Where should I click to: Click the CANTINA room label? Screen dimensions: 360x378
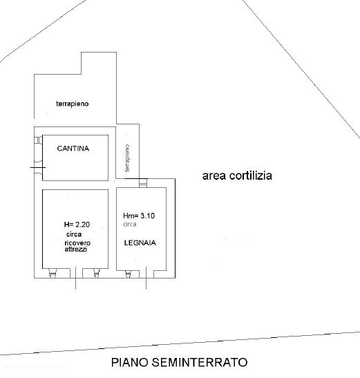[73, 149]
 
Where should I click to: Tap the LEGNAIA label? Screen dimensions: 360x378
[140, 243]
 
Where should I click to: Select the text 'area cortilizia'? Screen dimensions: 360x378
[237, 176]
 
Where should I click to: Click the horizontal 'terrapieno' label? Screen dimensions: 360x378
[73, 104]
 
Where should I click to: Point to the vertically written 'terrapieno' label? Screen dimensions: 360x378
[127, 158]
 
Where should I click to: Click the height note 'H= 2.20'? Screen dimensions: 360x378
[77, 225]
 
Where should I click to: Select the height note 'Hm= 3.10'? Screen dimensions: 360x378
[139, 216]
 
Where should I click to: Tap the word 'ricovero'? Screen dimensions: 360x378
[77, 243]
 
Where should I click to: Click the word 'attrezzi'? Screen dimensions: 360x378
[76, 249]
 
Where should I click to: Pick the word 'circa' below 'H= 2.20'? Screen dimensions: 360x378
[74, 234]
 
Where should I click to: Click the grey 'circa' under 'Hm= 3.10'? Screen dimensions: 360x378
[130, 224]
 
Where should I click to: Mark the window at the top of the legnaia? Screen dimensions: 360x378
[143, 183]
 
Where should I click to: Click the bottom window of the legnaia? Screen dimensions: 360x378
[128, 274]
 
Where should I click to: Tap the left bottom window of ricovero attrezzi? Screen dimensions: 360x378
[53, 273]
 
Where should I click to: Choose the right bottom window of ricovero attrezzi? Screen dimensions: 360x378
[97, 273]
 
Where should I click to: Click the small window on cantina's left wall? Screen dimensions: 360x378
[38, 140]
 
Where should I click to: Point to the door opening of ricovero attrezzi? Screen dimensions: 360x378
[76, 274]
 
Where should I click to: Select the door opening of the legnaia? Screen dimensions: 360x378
[146, 274]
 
